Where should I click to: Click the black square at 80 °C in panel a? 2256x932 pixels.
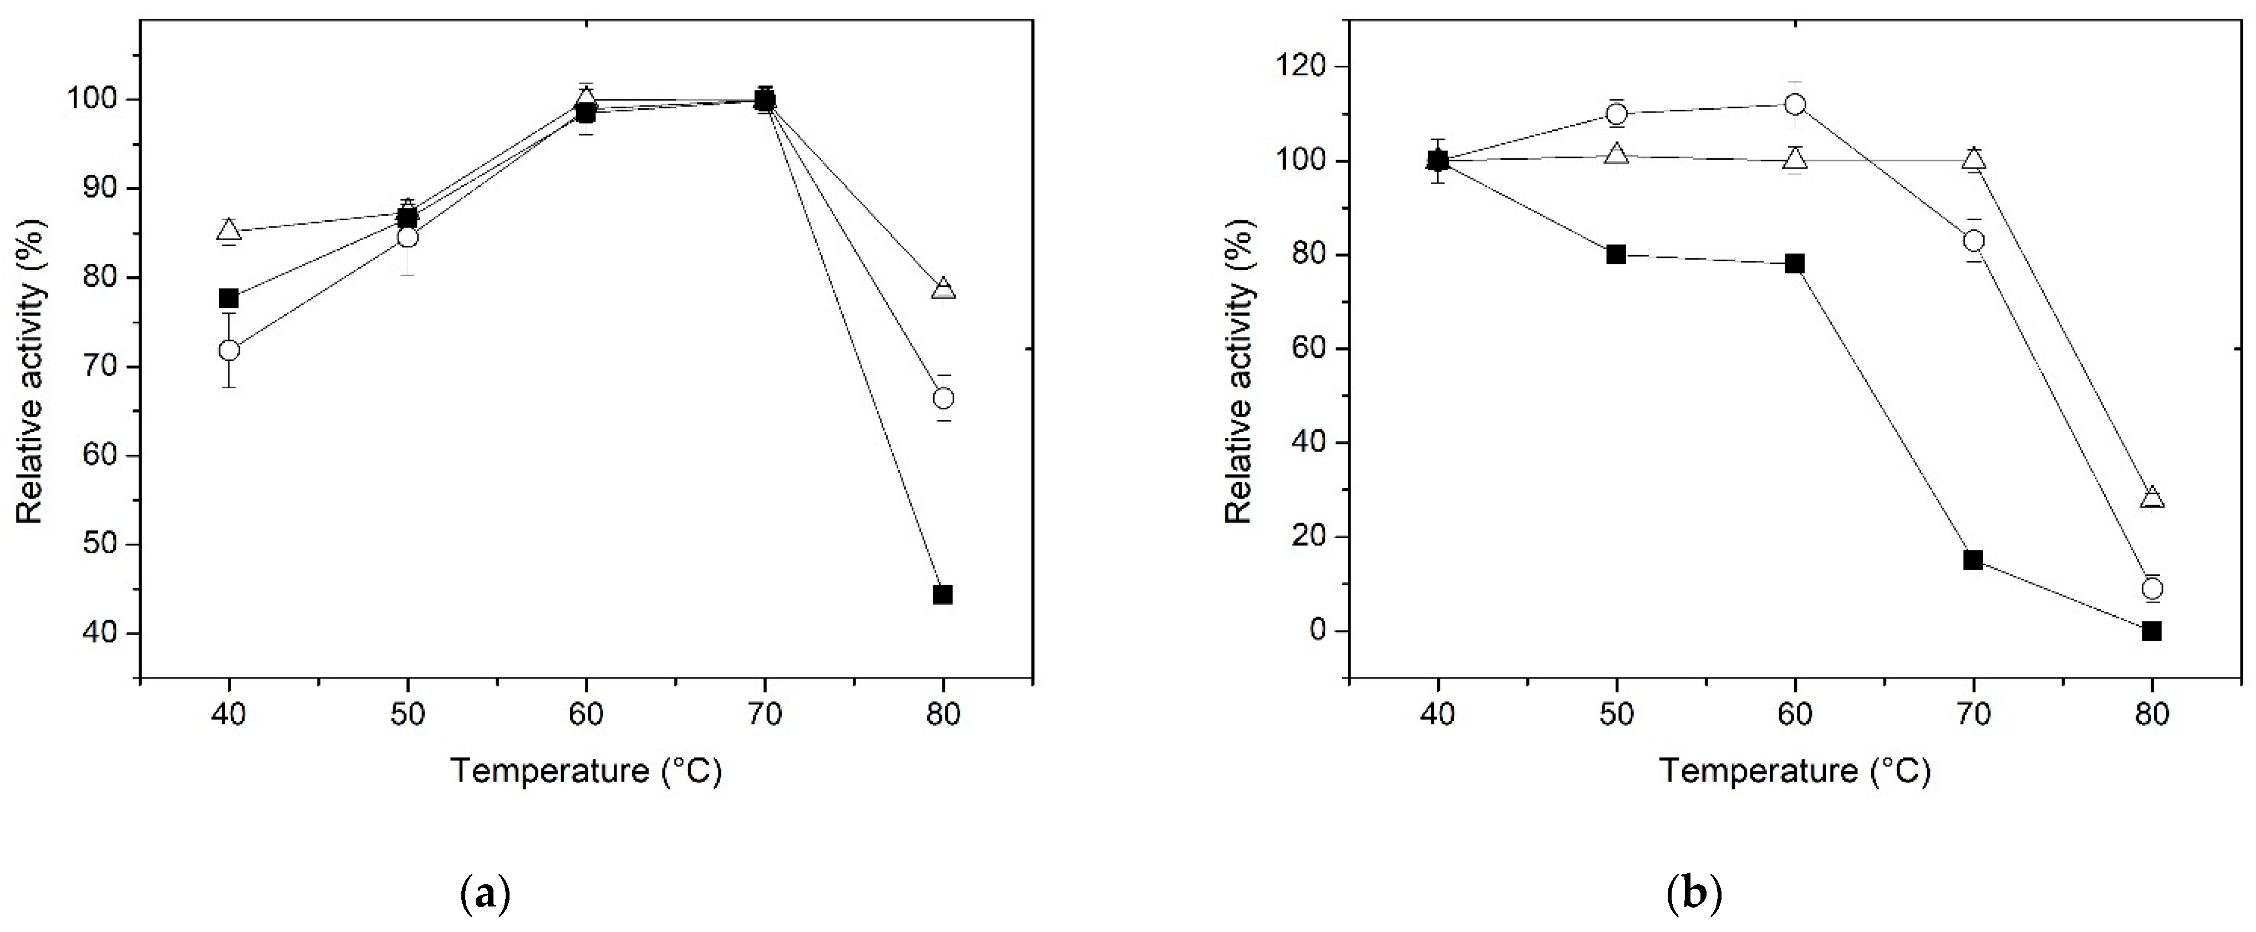click(x=943, y=595)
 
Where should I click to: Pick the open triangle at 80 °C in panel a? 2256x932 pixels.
click(x=943, y=289)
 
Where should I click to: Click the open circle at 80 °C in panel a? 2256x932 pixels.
click(x=943, y=398)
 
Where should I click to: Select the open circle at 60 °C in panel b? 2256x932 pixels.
click(x=1795, y=104)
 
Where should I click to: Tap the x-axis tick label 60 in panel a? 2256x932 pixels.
click(x=586, y=715)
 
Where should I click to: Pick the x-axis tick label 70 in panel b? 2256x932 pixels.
click(x=1973, y=715)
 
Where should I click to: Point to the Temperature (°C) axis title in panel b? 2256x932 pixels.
click(x=1795, y=771)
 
